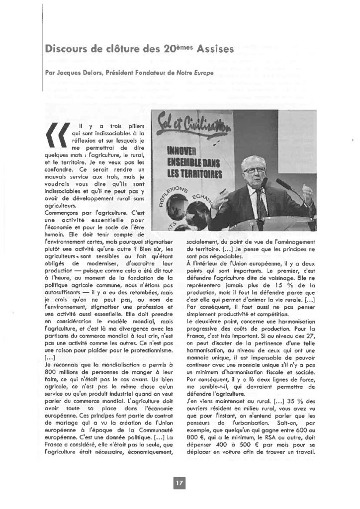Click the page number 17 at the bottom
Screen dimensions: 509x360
pos(180,482)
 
